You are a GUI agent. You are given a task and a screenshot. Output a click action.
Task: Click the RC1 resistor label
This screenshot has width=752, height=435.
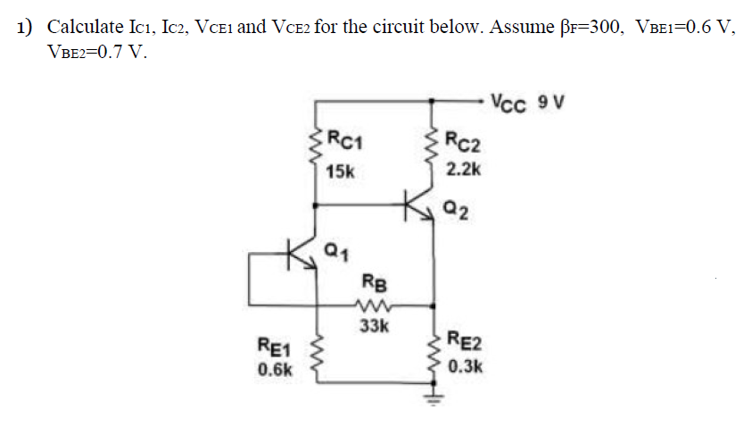click(343, 139)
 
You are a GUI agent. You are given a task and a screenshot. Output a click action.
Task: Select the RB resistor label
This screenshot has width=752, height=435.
click(373, 286)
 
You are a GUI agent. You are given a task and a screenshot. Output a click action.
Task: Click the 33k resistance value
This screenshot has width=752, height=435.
click(373, 326)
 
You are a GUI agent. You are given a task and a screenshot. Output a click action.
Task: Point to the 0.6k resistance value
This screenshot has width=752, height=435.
click(274, 369)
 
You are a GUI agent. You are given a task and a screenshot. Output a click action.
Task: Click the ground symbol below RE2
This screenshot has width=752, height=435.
click(434, 397)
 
